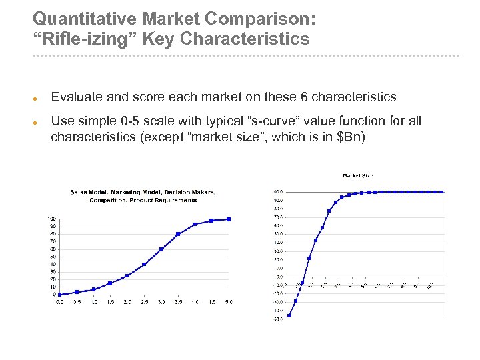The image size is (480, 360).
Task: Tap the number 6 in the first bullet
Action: (x=304, y=97)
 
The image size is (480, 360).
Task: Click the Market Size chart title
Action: (x=358, y=176)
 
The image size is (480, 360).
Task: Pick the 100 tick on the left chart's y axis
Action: (x=51, y=219)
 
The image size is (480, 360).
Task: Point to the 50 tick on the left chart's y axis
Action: (x=52, y=257)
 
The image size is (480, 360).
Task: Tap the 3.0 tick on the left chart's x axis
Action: (x=161, y=302)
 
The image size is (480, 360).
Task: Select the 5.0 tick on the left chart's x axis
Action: (x=228, y=302)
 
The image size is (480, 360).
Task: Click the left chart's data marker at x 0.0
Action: (x=59, y=294)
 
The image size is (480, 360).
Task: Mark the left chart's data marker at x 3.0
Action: (x=161, y=249)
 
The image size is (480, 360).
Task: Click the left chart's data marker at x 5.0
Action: (x=229, y=219)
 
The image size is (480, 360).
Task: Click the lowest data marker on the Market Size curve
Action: (x=289, y=315)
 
